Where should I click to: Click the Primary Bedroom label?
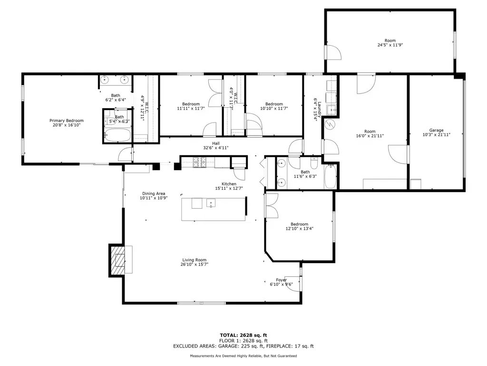click(x=67, y=121)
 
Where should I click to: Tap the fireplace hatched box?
click(x=117, y=261)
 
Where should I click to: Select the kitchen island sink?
click(x=211, y=203)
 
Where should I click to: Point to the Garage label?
click(x=437, y=131)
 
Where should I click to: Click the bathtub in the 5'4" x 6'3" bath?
click(x=117, y=135)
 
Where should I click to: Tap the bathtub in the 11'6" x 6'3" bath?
click(x=330, y=176)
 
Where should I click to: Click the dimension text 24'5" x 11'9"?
click(x=390, y=45)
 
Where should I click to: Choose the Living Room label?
click(x=195, y=260)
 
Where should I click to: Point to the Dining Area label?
click(x=154, y=193)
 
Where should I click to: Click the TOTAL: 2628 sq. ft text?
click(x=243, y=335)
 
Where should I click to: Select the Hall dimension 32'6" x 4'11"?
click(x=216, y=148)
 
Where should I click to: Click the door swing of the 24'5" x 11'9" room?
click(x=333, y=52)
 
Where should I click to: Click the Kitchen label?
click(x=229, y=184)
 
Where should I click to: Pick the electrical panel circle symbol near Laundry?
click(x=330, y=125)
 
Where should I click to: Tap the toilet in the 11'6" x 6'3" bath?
click(x=314, y=164)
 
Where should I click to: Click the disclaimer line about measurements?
click(x=243, y=356)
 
